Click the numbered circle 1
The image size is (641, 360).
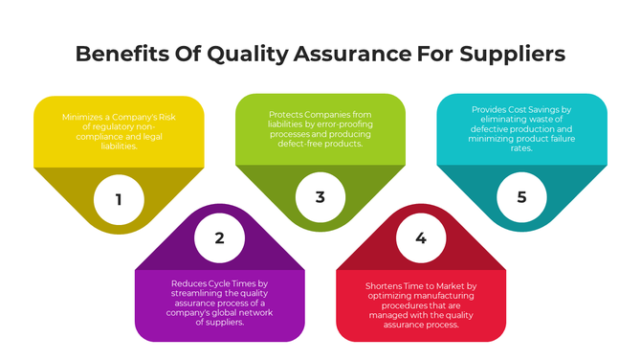point(119,199)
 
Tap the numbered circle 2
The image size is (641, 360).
point(219,238)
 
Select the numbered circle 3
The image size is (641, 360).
point(320,198)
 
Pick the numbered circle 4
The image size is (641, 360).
point(421,238)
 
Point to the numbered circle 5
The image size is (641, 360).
point(521,198)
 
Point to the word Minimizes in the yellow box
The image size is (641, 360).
point(84,117)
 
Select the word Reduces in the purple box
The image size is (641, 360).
point(190,283)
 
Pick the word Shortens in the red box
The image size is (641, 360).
point(387,286)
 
